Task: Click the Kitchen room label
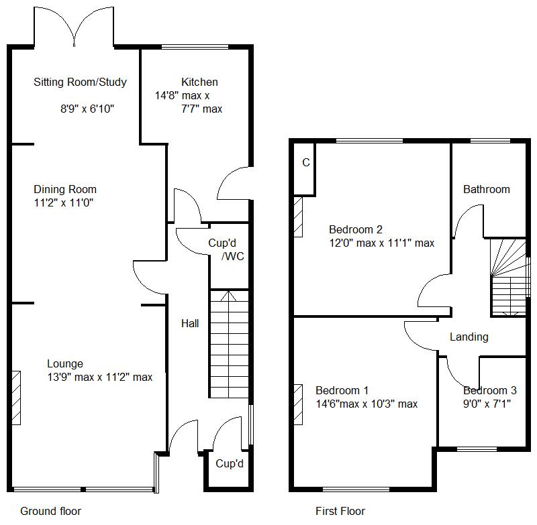point(199,82)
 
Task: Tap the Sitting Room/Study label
point(80,82)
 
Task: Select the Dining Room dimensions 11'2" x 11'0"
point(63,202)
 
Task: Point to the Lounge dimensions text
point(99,377)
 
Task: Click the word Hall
point(190,323)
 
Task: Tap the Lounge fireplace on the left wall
point(16,396)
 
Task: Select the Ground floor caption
point(50,511)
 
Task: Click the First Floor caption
point(340,511)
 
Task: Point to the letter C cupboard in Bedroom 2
point(305,162)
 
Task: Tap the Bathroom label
point(486,189)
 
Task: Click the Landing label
point(469,337)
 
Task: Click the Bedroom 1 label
point(342,390)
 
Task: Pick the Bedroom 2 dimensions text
point(381,243)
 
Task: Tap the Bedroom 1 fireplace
point(297,404)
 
